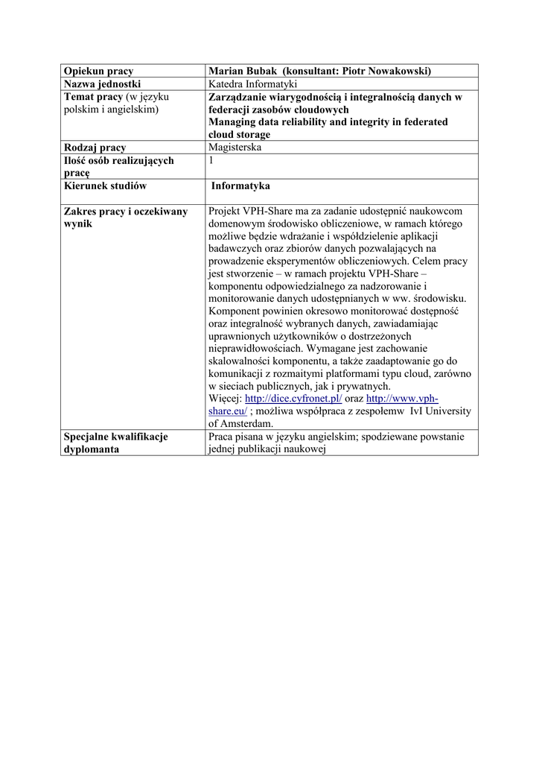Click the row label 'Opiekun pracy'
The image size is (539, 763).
pos(98,71)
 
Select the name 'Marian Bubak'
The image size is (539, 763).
pos(240,71)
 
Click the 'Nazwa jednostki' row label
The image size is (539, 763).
pos(103,84)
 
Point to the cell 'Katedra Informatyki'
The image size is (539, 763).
pos(254,84)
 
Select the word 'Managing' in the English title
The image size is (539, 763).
pos(235,122)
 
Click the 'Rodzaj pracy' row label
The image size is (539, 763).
pos(95,148)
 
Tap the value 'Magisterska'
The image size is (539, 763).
pos(235,148)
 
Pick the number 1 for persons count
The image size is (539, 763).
pos(212,160)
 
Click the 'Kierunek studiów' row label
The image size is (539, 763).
pos(105,186)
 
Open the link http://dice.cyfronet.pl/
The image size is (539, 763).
pos(293,399)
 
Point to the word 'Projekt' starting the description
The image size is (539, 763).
pos(226,212)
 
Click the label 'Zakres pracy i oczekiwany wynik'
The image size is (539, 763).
pos(126,218)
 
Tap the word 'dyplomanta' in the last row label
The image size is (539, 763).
pos(92,449)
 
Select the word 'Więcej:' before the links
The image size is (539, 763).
pos(226,399)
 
